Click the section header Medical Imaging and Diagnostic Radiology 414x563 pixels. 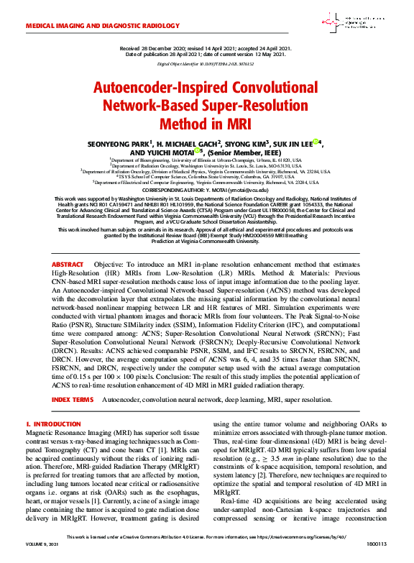pos(93,24)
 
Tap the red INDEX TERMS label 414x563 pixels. pos(72,399)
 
